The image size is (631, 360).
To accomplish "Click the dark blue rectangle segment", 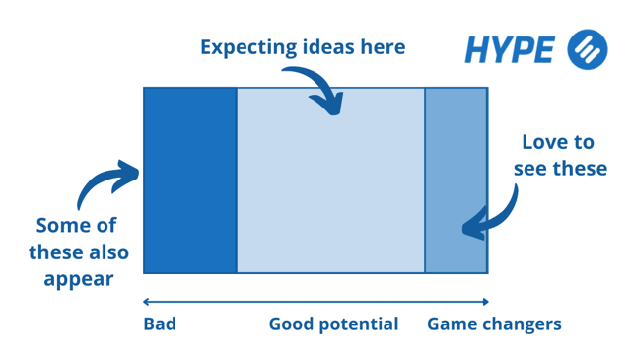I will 190,180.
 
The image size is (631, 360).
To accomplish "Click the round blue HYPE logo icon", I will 588,49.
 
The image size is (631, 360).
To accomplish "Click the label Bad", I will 160,324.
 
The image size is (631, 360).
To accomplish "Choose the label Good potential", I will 333,324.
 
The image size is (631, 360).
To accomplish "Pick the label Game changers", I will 494,324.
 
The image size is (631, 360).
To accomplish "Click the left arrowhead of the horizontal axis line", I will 146,302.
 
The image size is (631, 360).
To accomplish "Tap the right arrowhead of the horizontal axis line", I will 485,302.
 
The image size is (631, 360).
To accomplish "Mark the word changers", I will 526,324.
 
